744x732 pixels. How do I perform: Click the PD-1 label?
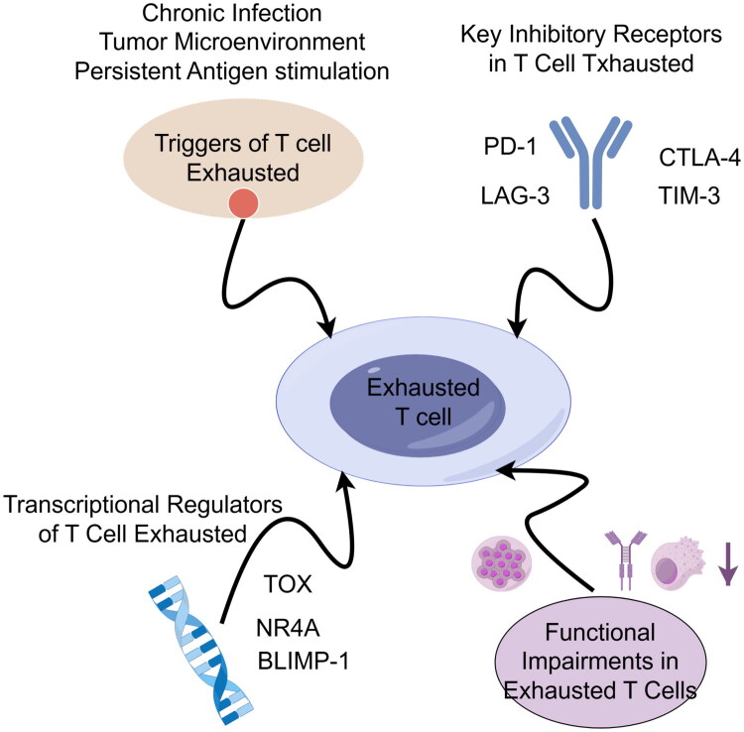click(510, 147)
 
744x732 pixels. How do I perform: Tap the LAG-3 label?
click(515, 196)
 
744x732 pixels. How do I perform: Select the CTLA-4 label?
click(699, 158)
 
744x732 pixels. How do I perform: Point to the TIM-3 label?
click(689, 195)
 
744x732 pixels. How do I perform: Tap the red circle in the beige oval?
click(243, 203)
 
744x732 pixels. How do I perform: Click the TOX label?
click(288, 584)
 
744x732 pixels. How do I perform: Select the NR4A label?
click(288, 628)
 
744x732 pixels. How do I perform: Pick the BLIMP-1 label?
click(304, 661)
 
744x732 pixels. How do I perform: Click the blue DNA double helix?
click(201, 650)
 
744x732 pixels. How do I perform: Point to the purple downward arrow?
click(728, 563)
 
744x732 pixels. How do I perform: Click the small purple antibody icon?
click(626, 559)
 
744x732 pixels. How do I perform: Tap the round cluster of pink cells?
click(502, 563)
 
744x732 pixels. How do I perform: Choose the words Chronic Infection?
click(231, 13)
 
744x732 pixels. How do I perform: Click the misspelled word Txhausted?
click(640, 63)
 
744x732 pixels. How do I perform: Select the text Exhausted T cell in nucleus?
click(424, 403)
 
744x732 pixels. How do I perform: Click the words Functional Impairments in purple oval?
click(600, 647)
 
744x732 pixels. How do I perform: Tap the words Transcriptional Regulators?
click(143, 505)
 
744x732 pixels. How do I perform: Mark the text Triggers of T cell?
click(242, 143)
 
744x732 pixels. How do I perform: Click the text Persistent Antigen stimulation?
click(231, 71)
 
